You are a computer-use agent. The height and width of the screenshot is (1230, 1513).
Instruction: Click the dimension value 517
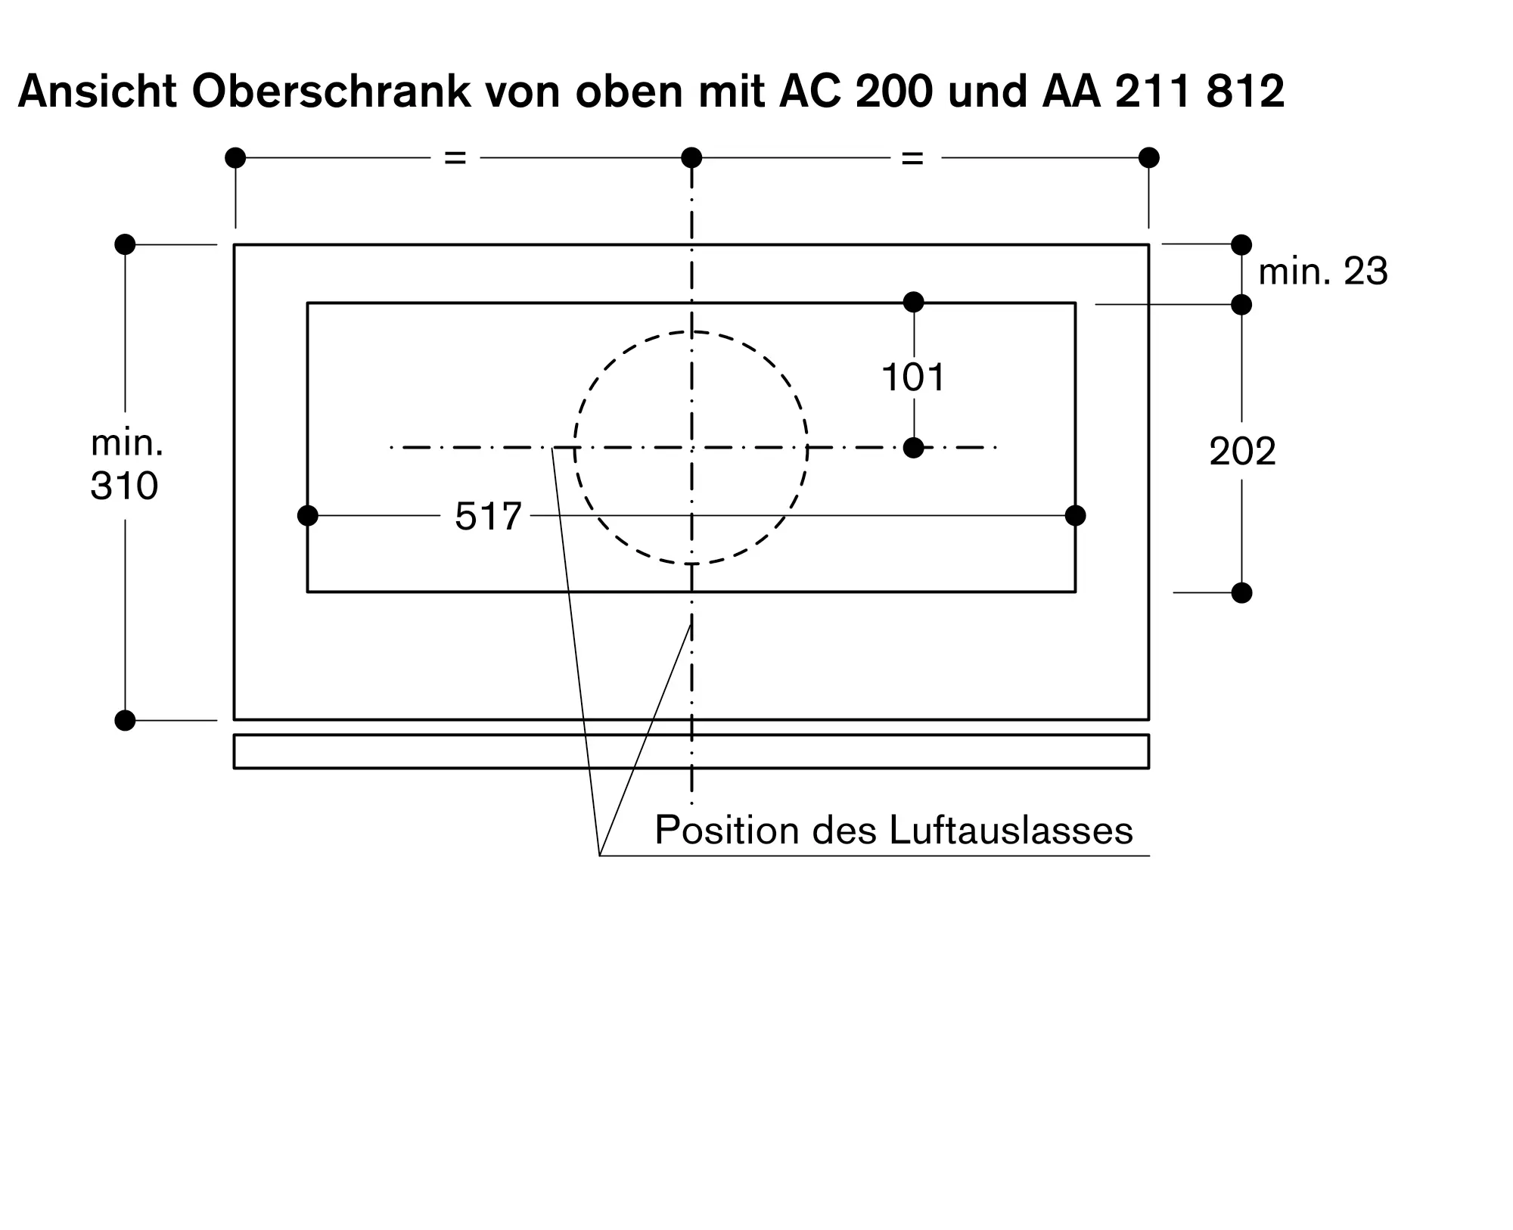click(488, 517)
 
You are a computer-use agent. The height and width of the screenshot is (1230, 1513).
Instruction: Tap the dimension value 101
click(913, 377)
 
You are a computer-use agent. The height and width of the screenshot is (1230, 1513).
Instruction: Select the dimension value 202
click(1242, 452)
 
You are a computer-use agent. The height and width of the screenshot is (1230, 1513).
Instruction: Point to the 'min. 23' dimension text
click(1323, 272)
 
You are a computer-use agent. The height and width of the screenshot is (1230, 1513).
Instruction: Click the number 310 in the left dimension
click(124, 486)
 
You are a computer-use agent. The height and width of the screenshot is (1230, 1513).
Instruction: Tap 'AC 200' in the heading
click(856, 92)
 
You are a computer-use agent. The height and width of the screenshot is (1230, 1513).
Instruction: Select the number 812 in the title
click(1245, 92)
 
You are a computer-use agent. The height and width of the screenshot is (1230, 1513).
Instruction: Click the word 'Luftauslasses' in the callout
click(1011, 830)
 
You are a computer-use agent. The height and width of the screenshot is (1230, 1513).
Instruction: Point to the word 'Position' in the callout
click(728, 830)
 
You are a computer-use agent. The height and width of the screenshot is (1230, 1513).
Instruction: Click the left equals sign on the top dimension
click(455, 158)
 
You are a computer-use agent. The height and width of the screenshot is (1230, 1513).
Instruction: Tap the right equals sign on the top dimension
click(912, 158)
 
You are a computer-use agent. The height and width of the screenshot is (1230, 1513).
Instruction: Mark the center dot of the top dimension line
click(691, 157)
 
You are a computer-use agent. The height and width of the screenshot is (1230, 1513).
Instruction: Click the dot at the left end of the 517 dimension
click(308, 516)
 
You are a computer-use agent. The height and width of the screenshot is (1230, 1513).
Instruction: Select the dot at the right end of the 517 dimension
click(1075, 516)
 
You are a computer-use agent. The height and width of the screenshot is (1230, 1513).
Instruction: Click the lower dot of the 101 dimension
click(914, 448)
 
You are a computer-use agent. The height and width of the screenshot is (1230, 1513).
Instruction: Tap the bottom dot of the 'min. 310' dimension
click(125, 720)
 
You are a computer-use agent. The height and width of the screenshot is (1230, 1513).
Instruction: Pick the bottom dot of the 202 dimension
click(1241, 592)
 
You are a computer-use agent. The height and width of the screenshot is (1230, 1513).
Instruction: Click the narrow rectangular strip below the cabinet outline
click(691, 751)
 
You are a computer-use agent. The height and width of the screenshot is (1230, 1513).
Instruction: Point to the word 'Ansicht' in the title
click(98, 92)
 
